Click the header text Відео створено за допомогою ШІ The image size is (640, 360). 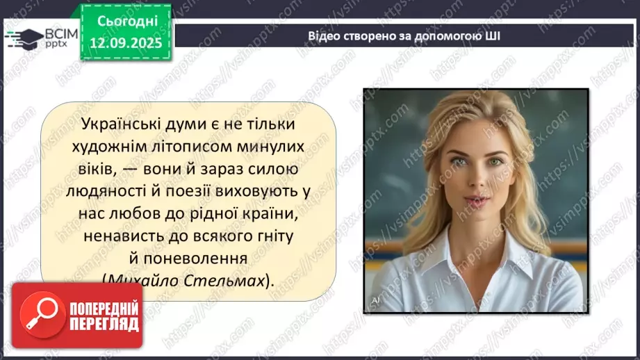(x=404, y=35)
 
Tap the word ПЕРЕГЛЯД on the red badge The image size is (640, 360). (x=104, y=325)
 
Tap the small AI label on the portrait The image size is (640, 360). (x=375, y=301)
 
